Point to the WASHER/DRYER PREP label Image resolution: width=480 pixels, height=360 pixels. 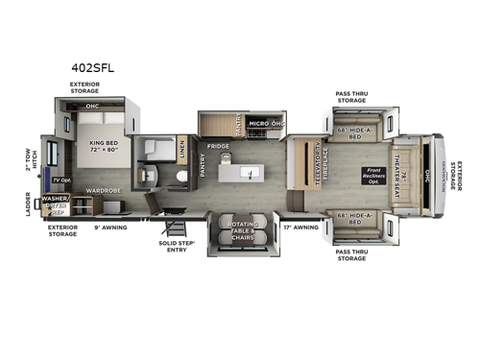click(54, 204)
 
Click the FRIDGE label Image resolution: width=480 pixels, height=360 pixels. click(218, 147)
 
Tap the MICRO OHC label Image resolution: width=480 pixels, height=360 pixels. click(263, 124)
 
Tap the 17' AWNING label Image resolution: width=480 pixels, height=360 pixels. click(300, 228)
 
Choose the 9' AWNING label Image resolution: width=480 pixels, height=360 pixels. click(109, 228)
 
